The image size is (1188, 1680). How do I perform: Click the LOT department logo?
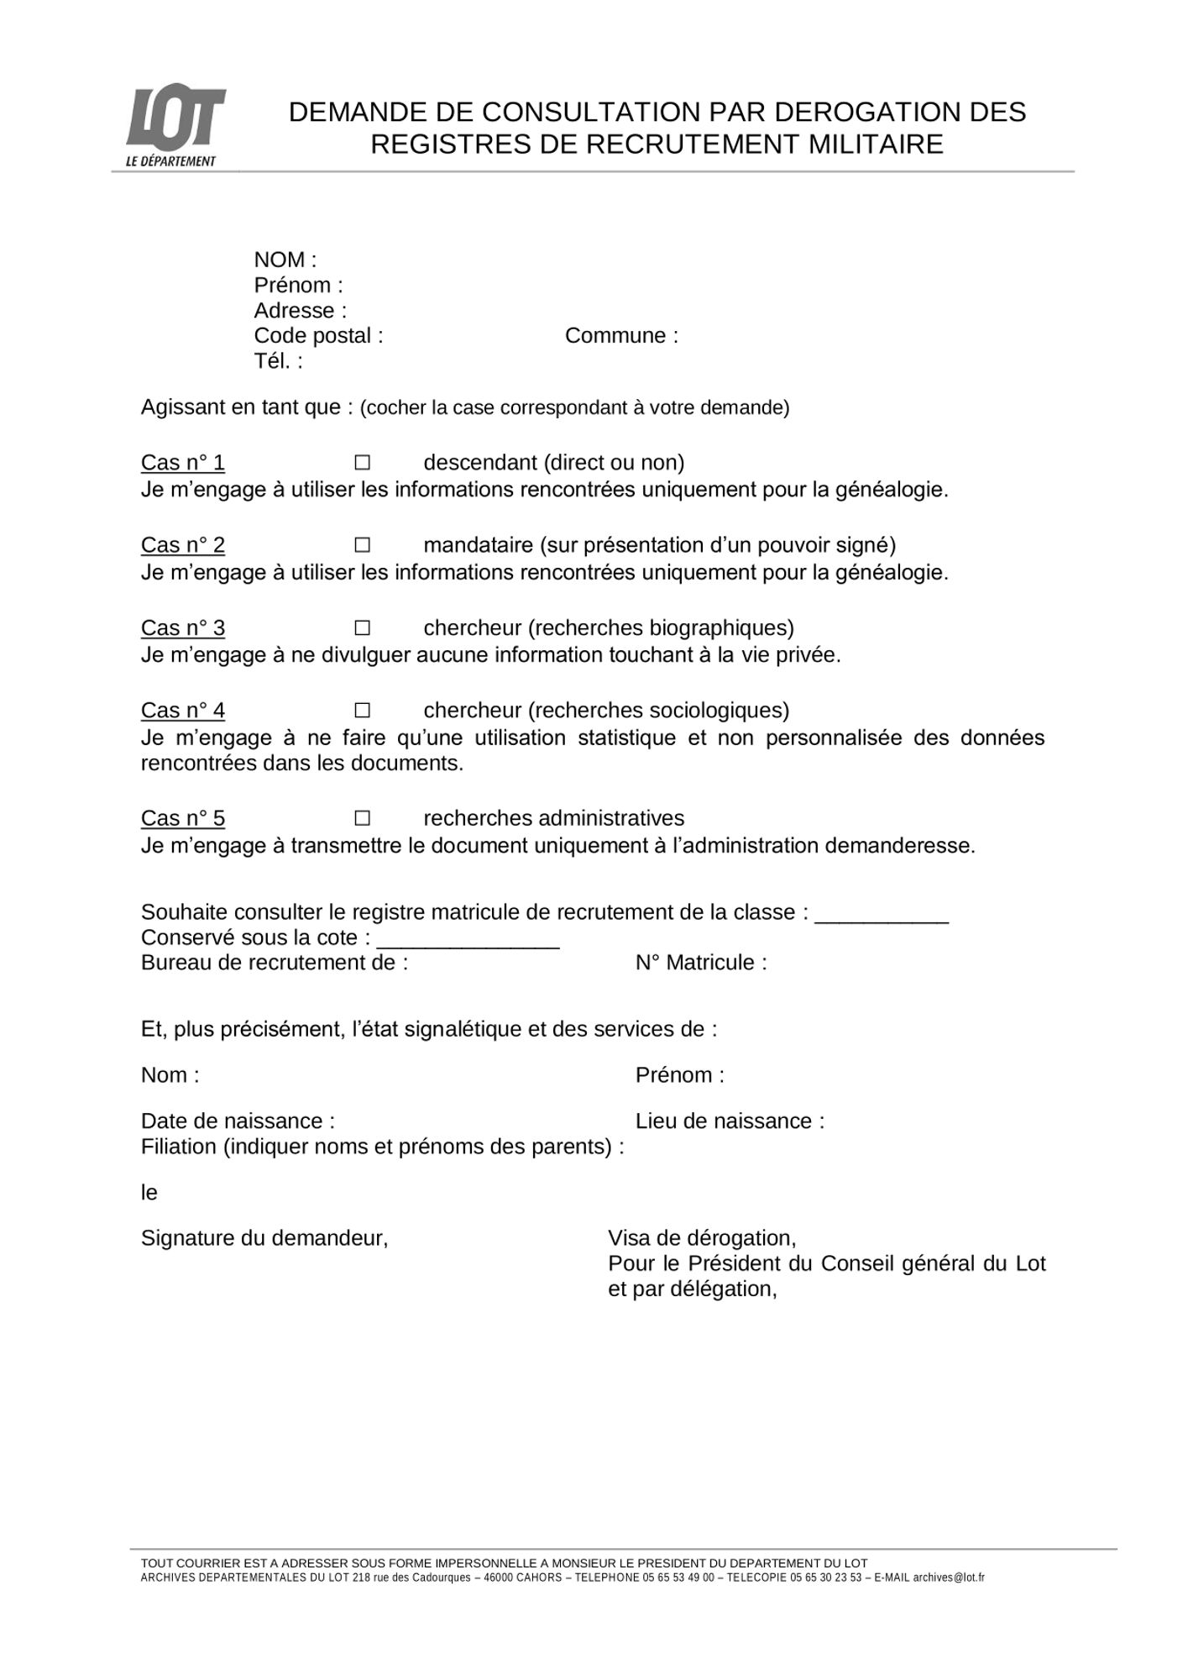pos(174,128)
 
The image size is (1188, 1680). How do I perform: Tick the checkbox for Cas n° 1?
pos(362,463)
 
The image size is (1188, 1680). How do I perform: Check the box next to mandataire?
pos(362,545)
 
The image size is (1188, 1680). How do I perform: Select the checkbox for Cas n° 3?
pos(362,628)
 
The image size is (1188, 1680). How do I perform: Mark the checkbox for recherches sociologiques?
pos(362,711)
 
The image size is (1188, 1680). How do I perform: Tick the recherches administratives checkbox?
pos(362,818)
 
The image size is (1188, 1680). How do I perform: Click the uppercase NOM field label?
pos(285,260)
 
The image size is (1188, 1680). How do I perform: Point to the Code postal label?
pos(318,336)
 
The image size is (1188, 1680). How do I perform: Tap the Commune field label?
pos(621,336)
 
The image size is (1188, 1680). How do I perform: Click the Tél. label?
pos(278,361)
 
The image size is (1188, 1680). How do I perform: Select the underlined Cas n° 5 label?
pos(183,818)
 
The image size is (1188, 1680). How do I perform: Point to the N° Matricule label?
pos(701,963)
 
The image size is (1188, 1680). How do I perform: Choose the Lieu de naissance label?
pos(730,1121)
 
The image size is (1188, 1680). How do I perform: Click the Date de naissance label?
pos(238,1121)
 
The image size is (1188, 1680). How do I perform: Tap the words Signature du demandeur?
pos(264,1238)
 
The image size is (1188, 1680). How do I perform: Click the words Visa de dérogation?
pos(702,1238)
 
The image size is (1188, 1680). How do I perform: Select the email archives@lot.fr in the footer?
pos(949,1578)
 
